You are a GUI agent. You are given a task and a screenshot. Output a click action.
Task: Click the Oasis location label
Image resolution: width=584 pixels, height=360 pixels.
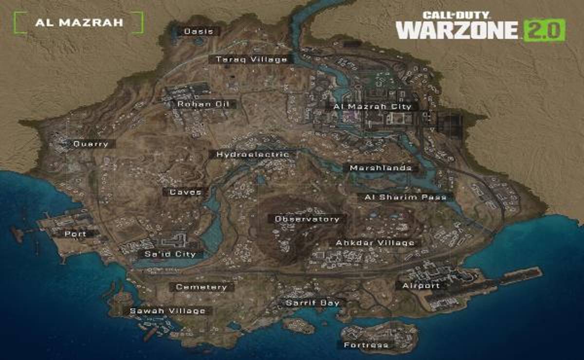click(198, 32)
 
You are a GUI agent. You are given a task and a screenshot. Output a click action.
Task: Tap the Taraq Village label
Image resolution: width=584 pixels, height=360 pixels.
click(251, 59)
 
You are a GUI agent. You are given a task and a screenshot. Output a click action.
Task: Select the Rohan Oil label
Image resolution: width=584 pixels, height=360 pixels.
click(200, 104)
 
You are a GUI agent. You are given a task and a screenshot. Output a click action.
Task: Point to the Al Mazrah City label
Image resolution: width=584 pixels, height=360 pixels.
click(372, 106)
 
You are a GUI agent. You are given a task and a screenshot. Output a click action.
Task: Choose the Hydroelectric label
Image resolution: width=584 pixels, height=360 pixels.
click(253, 154)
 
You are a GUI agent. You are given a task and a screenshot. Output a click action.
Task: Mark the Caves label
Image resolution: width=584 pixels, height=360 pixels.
click(185, 192)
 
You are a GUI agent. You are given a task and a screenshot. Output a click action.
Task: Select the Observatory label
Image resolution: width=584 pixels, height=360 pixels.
click(307, 219)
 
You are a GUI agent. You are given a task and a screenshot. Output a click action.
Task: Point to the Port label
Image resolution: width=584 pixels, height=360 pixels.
click(75, 234)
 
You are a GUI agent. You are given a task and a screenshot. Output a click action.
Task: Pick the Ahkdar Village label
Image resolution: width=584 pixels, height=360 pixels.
click(375, 243)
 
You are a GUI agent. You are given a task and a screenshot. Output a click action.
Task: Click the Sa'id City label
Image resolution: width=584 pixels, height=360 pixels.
click(170, 254)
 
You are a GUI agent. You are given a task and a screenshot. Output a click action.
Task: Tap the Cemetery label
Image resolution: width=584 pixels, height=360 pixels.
click(201, 287)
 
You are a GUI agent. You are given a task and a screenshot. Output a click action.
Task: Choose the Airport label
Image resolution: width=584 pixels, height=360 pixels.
click(421, 286)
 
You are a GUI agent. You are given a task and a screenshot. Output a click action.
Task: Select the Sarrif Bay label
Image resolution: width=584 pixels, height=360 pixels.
click(312, 303)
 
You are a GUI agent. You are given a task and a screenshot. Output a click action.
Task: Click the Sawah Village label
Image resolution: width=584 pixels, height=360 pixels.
click(167, 311)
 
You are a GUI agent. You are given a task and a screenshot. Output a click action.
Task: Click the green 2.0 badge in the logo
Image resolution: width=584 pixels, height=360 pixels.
click(544, 30)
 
